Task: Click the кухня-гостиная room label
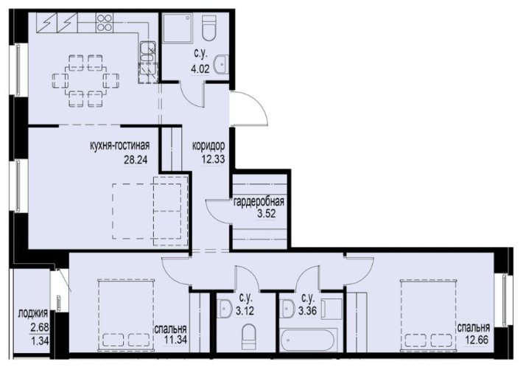pos(120,146)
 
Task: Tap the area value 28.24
pos(136,160)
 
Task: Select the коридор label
pos(208,146)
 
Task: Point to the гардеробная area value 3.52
pos(266,214)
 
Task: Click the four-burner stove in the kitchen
pos(105,23)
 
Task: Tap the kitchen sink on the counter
pos(148,52)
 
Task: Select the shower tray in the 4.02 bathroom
pos(177,28)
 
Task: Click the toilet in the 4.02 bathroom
pos(209,28)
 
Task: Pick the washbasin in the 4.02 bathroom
pos(221,65)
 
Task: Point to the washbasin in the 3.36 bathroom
pos(287,309)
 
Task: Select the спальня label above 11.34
pos(170,329)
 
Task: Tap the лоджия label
pos(33,314)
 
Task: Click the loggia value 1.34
pos(40,341)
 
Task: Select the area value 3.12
pos(245,311)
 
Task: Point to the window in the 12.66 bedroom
pos(505,300)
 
